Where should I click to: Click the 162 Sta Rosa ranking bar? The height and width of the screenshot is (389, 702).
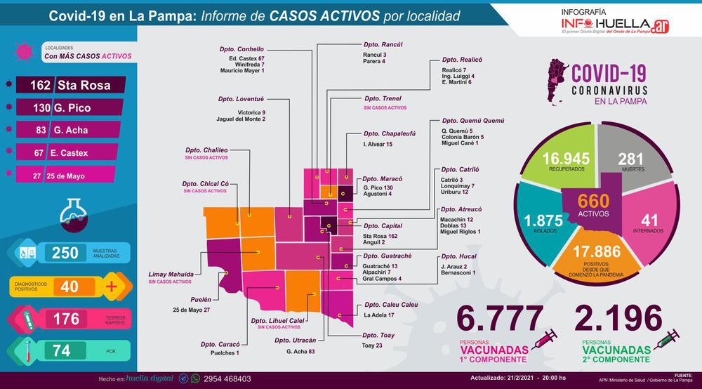[x=70, y=86]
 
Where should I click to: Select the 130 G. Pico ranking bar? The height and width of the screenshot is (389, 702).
[x=70, y=108]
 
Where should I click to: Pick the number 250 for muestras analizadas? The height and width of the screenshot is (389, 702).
[x=65, y=253]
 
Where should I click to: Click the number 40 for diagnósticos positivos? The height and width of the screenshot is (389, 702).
[x=69, y=286]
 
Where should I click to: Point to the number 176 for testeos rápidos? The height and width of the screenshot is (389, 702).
[x=67, y=319]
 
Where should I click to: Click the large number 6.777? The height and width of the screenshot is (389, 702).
[x=499, y=319]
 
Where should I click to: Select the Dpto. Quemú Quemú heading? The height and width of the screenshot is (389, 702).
[x=472, y=121]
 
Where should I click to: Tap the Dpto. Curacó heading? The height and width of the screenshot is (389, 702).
[x=220, y=344]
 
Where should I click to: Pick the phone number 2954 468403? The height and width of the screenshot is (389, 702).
[x=227, y=378]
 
